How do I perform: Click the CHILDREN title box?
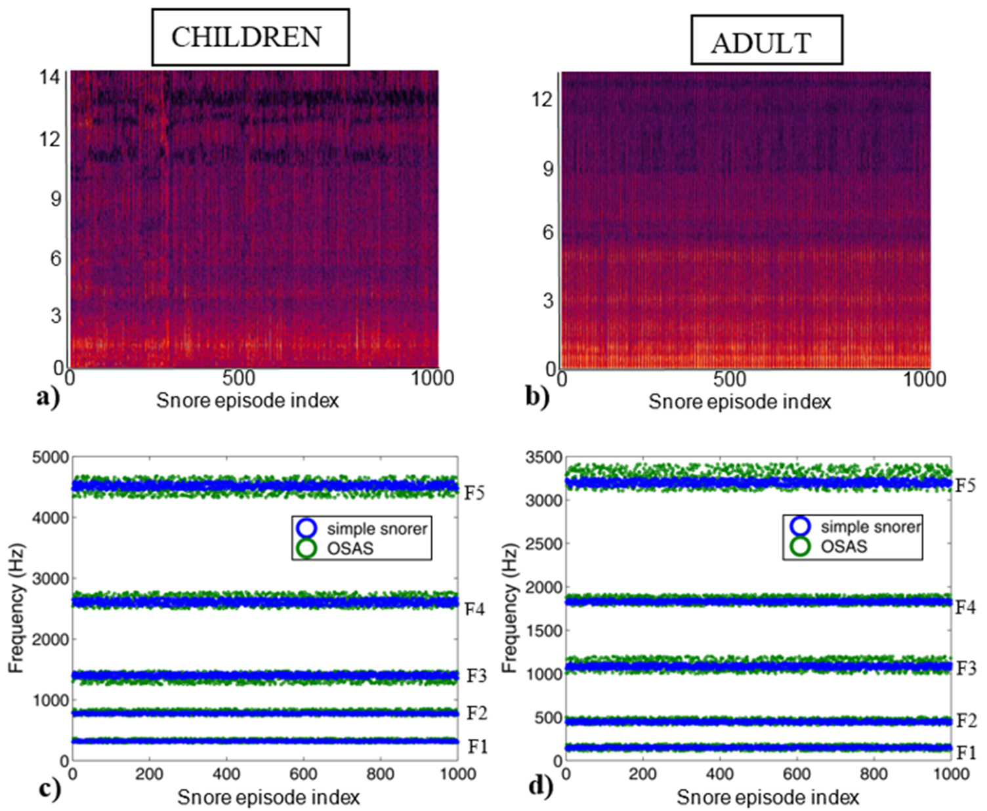click(250, 37)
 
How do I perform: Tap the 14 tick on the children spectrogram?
click(49, 77)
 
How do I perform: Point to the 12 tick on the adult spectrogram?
click(541, 99)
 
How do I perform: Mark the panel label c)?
click(50, 787)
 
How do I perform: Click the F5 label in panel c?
click(474, 493)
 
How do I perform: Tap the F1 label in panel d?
click(965, 752)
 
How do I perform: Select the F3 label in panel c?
click(476, 676)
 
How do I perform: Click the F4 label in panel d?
click(965, 608)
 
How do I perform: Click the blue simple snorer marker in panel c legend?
click(306, 528)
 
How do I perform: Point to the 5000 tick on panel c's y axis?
click(51, 457)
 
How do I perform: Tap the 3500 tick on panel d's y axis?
click(544, 457)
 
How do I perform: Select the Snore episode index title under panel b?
click(740, 402)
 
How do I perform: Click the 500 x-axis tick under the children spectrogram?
click(239, 378)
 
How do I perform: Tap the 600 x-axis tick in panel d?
click(797, 774)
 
